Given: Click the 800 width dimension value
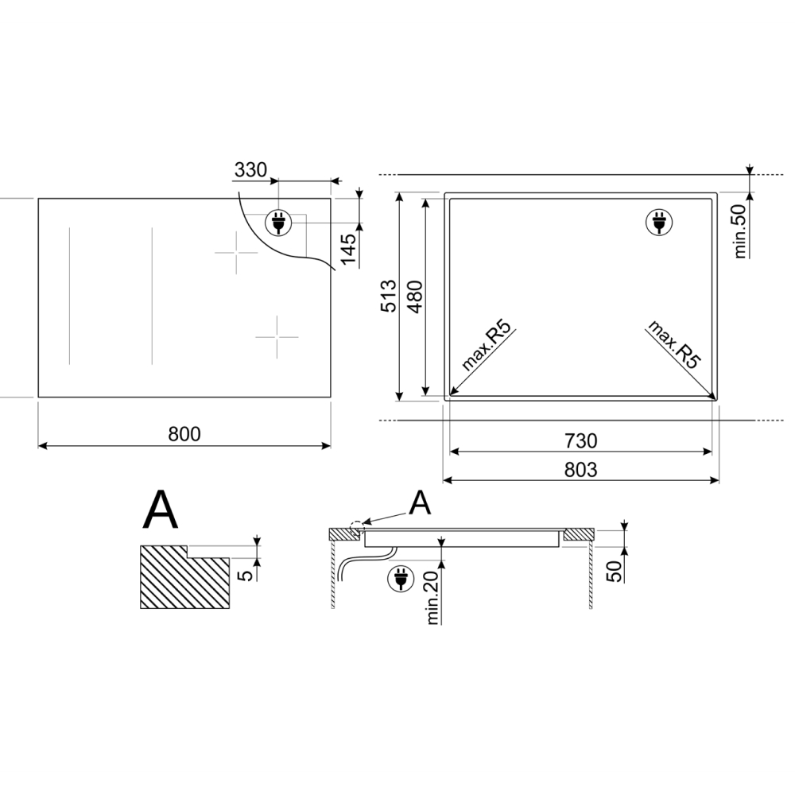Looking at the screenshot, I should pyautogui.click(x=184, y=434).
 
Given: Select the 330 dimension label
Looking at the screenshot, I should pyautogui.click(x=251, y=169).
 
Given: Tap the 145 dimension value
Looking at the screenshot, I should pyautogui.click(x=348, y=250).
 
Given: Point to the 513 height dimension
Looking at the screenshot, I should pyautogui.click(x=389, y=297).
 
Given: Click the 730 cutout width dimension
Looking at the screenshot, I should pyautogui.click(x=580, y=440).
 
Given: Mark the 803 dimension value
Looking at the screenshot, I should pyautogui.click(x=580, y=470).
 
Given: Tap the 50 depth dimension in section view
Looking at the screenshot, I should pyautogui.click(x=615, y=569).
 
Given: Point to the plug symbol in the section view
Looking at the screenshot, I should pyautogui.click(x=400, y=580).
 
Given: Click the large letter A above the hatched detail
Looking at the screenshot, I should pyautogui.click(x=160, y=510).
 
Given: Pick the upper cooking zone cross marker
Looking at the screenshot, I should pyautogui.click(x=236, y=253).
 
